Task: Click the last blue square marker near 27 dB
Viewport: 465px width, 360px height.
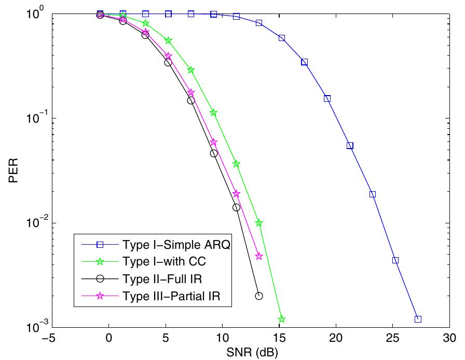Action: click(x=418, y=319)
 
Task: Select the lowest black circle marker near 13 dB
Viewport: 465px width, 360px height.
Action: click(x=259, y=296)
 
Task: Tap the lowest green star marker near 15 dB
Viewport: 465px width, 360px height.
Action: click(x=282, y=319)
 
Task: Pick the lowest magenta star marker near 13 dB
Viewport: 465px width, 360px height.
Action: click(x=259, y=256)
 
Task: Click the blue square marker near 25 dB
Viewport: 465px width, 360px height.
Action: click(x=395, y=260)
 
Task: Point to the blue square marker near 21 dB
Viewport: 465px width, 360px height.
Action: click(x=350, y=146)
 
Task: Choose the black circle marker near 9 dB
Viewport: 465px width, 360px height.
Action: click(x=214, y=153)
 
